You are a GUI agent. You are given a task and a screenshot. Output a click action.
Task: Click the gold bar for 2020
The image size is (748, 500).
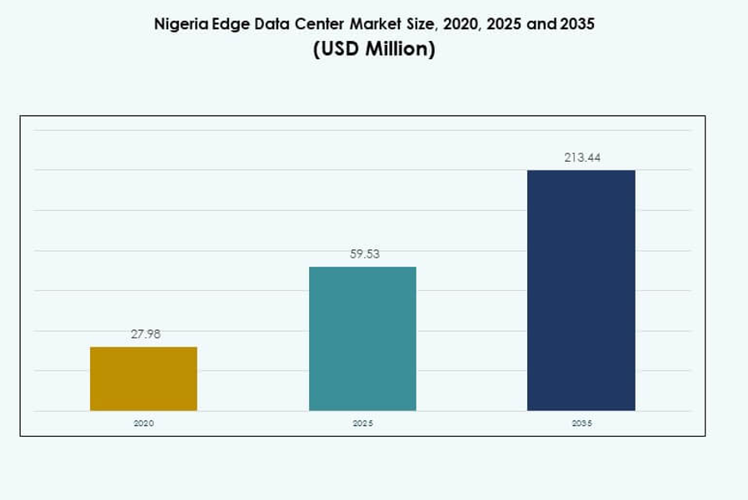click(x=143, y=378)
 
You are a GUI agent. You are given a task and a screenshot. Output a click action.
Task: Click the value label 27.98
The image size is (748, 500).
click(x=145, y=334)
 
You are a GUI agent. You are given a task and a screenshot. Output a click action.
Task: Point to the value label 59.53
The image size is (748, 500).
click(x=364, y=254)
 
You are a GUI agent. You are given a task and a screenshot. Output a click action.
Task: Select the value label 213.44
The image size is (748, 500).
click(x=581, y=157)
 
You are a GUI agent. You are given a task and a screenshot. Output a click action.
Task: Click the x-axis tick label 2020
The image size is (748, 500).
click(x=143, y=423)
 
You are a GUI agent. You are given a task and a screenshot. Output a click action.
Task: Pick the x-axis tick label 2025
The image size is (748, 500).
click(x=362, y=423)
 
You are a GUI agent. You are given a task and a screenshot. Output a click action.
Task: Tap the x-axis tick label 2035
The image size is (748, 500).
click(x=581, y=423)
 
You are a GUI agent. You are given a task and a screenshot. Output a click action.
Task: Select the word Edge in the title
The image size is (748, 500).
click(x=226, y=24)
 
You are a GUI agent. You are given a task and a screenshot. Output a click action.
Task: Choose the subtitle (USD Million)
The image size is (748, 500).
click(x=374, y=49)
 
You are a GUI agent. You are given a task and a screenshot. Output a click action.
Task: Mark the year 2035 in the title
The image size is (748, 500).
click(x=578, y=24)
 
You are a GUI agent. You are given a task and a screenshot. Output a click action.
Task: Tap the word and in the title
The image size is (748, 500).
click(x=541, y=24)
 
